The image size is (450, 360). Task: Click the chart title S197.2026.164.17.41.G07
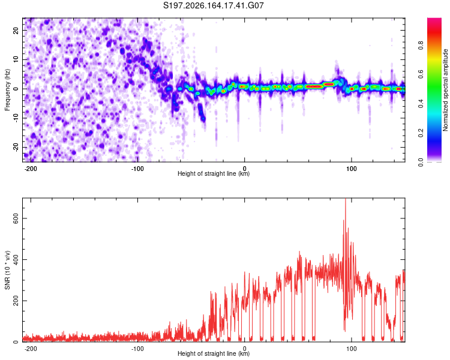(213, 5)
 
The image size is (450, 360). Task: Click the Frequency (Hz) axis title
(7, 90)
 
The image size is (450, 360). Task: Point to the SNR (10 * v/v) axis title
(7, 270)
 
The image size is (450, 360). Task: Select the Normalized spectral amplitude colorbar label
(445, 90)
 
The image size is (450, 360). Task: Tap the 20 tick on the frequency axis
(16, 30)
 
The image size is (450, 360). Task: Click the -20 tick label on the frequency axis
(16, 148)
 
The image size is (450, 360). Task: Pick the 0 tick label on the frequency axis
(16, 89)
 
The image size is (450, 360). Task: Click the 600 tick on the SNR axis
(16, 218)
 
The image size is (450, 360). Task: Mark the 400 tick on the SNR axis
(16, 260)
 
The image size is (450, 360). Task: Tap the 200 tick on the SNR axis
(16, 301)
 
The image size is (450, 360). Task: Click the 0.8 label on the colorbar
(421, 46)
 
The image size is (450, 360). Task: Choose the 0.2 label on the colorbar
(421, 133)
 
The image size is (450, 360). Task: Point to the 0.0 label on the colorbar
(421, 162)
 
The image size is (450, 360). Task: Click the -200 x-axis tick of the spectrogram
(30, 169)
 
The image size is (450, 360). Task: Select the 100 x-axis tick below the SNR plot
(351, 349)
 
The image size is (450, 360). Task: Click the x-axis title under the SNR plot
(214, 353)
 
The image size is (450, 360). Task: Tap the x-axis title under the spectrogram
(214, 173)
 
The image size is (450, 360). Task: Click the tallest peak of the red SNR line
(346, 199)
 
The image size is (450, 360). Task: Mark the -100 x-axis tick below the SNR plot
(137, 349)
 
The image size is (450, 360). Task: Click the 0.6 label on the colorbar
(421, 74)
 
